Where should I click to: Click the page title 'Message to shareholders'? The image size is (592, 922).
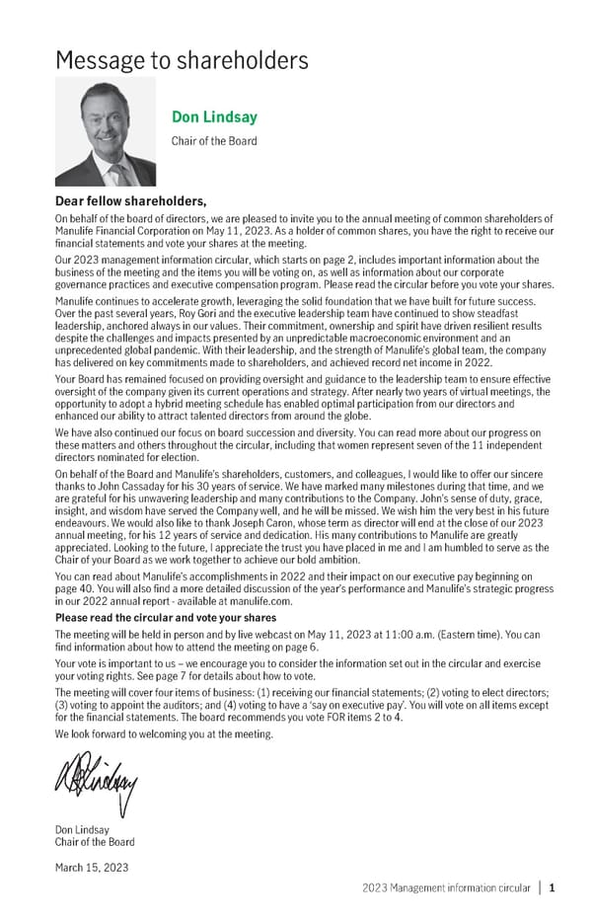183,60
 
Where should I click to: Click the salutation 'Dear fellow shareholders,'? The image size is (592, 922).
131,202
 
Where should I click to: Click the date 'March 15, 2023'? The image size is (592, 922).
93,867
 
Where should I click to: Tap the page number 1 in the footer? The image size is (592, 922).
553,887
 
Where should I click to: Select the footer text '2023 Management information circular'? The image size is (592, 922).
446,887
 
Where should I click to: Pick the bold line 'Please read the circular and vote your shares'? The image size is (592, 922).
166,618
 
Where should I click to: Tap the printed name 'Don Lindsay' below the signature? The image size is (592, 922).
83,830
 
